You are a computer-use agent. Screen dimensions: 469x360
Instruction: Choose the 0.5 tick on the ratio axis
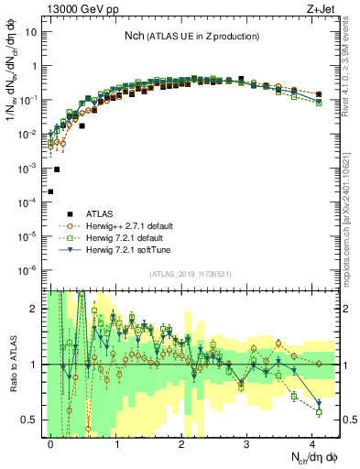(x=34, y=420)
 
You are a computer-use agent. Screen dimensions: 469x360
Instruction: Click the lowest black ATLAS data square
(x=50, y=191)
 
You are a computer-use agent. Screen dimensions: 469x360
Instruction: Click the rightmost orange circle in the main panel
(x=318, y=94)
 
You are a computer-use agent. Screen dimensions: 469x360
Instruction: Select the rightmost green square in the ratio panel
(x=318, y=412)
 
